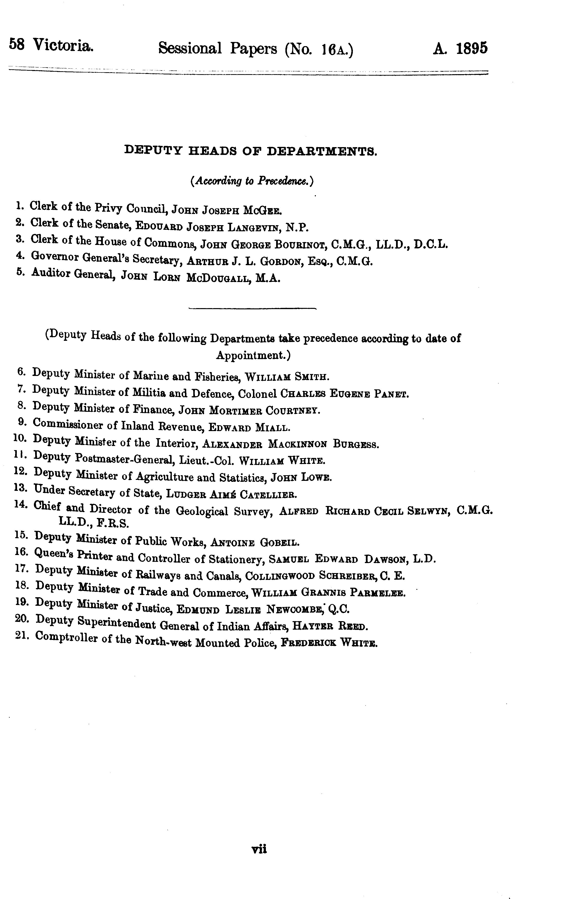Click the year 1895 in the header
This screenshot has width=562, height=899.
[x=471, y=48]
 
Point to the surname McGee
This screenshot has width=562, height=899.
[x=263, y=210]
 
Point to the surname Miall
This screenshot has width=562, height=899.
[x=272, y=428]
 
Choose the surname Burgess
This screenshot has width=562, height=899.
[x=356, y=444]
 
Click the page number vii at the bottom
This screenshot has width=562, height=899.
[x=259, y=849]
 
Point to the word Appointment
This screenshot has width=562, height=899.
[x=252, y=355]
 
